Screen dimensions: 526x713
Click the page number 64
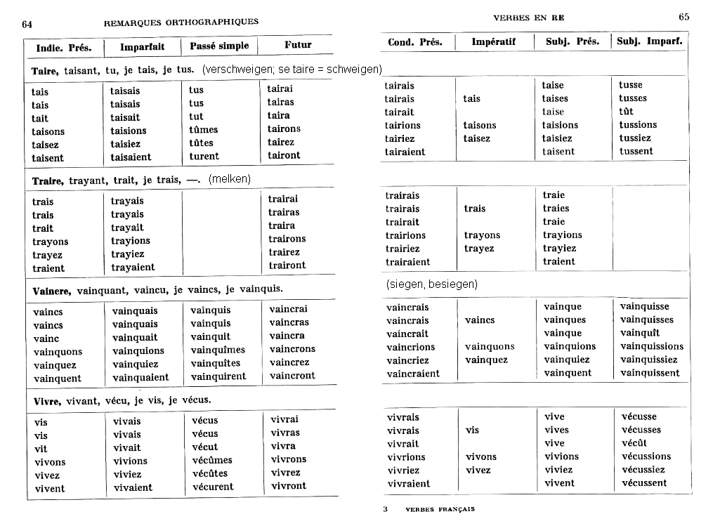click(27, 23)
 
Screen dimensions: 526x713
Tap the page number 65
click(683, 17)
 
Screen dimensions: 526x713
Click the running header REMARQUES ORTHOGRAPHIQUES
click(181, 22)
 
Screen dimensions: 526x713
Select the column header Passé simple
click(219, 46)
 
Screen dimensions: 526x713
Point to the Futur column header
click(298, 45)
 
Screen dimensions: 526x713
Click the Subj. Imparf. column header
click(649, 41)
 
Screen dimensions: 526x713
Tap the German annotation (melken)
click(229, 179)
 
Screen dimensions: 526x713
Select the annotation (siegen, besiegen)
click(431, 284)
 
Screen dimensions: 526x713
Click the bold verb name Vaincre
click(52, 290)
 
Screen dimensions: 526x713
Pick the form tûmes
click(204, 130)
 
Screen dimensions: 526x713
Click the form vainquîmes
click(218, 350)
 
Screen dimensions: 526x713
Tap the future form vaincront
click(292, 376)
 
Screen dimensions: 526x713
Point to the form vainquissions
click(651, 346)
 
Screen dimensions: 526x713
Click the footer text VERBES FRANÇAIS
click(440, 509)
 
